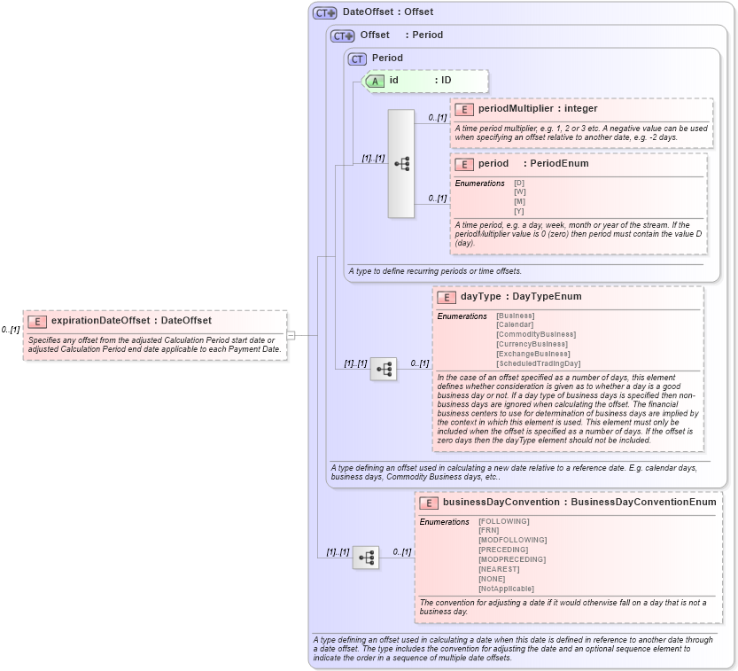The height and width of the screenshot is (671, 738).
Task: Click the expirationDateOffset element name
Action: tap(99, 321)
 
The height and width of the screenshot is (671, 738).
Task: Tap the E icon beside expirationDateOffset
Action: tap(37, 321)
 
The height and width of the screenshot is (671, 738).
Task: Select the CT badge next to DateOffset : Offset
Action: tap(325, 12)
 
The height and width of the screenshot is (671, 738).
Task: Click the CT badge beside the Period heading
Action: tap(357, 59)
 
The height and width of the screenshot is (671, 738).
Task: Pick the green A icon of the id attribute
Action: tap(375, 81)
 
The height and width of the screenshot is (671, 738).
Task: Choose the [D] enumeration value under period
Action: tap(519, 183)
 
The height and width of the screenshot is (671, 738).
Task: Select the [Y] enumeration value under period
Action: tap(519, 211)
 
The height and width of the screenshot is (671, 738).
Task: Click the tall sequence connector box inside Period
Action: tap(401, 164)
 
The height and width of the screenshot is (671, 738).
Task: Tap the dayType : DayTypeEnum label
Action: tap(521, 297)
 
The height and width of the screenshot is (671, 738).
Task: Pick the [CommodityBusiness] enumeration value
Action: tap(535, 334)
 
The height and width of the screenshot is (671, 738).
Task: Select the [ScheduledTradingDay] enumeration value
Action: tap(538, 363)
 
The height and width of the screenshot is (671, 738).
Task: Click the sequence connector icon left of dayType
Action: tap(384, 370)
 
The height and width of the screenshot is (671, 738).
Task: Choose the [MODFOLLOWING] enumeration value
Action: tap(512, 540)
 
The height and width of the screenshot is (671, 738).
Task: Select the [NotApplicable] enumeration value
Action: tap(506, 589)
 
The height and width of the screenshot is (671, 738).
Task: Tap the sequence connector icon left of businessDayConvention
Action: tap(366, 558)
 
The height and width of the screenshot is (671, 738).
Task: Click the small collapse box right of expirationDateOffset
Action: tap(291, 335)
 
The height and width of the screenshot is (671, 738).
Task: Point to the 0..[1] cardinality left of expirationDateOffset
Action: tap(11, 330)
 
